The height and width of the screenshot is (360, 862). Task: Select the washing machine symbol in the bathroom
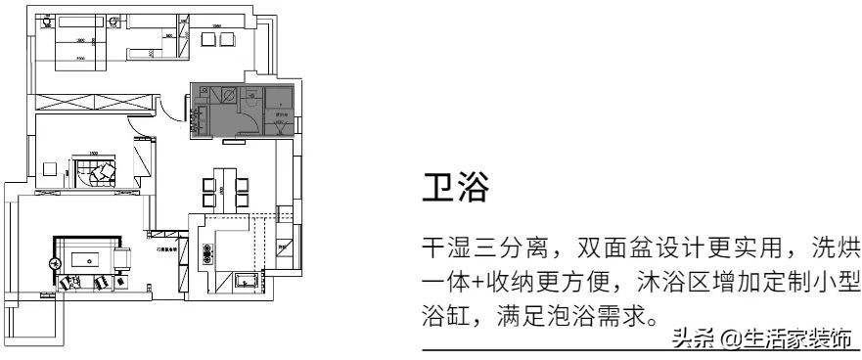[226, 95]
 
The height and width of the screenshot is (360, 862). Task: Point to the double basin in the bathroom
[202, 118]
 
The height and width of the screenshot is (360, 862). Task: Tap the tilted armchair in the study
[100, 174]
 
